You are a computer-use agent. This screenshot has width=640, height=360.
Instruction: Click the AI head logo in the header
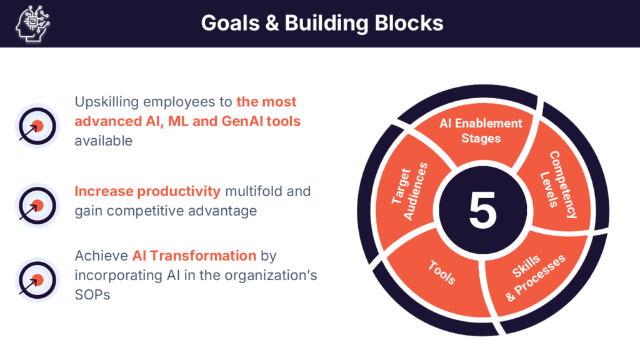tap(32, 23)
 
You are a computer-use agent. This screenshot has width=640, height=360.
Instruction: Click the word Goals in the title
tap(230, 23)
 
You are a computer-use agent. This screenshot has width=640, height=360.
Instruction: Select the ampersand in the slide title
tap(272, 23)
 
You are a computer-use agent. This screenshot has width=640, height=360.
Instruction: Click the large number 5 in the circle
tap(482, 211)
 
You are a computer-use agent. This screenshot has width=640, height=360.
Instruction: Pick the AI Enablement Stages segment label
tap(481, 131)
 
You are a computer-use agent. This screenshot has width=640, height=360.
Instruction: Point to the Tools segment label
tap(442, 272)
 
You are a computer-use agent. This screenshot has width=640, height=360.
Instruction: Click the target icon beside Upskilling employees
tap(37, 126)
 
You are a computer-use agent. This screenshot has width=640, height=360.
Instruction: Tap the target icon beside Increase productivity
tap(37, 205)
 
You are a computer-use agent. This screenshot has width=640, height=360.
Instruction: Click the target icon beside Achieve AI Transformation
tap(37, 280)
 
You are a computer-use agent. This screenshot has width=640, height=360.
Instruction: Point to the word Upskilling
tap(106, 102)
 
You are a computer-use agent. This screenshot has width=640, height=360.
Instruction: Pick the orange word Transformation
tap(203, 256)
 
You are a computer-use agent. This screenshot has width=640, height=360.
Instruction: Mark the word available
tap(104, 141)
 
